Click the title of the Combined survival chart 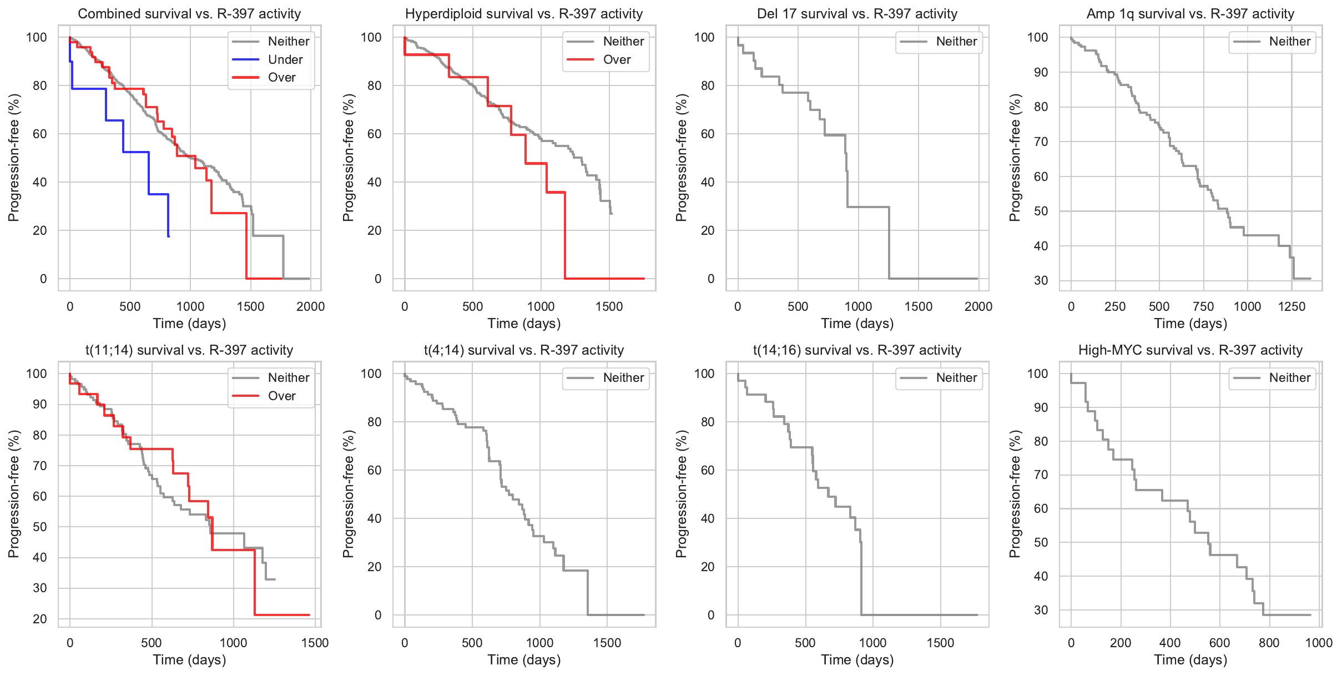point(189,14)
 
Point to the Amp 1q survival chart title point(1190,14)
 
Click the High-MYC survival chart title point(1190,350)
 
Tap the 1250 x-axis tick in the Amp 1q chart point(1291,306)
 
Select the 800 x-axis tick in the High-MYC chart point(1269,643)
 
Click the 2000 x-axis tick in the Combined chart point(310,306)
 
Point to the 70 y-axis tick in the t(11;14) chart point(40,466)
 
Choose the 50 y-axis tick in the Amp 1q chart point(1041,211)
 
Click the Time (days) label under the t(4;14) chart point(524,659)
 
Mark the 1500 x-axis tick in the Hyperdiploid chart point(609,306)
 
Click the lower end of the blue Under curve point(168,236)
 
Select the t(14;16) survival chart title point(857,350)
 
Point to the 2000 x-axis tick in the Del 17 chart point(978,306)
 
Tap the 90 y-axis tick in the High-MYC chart point(1041,407)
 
